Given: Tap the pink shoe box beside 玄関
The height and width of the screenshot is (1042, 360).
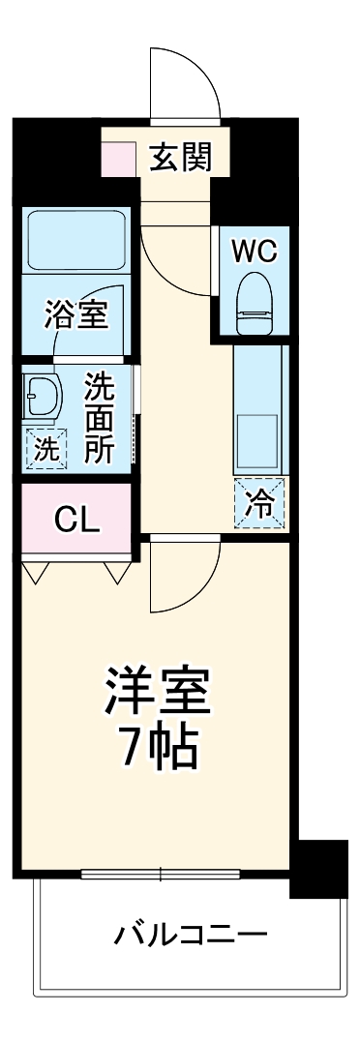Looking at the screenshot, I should tap(120, 159).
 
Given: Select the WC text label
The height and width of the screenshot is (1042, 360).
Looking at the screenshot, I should tap(254, 251).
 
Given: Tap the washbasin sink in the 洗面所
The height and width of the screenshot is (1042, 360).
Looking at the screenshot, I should tap(44, 395).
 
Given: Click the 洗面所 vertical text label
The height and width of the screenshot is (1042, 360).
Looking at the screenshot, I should tap(98, 417).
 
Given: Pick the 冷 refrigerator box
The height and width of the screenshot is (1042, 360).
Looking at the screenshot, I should tap(258, 503).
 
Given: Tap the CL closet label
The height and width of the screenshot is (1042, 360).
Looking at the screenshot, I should tap(76, 520).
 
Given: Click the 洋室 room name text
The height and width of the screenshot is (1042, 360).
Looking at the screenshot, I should tap(157, 693).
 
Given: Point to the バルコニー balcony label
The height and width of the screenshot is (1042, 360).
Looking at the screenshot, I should tap(191, 935).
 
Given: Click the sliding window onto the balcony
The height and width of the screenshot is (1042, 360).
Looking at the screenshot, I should tap(161, 875).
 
